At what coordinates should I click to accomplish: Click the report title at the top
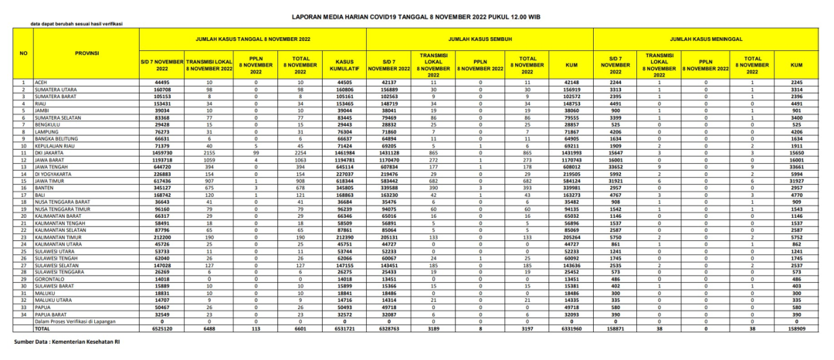click(x=416, y=15)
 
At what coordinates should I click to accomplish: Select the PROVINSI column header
click(x=86, y=53)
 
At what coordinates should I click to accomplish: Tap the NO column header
click(x=23, y=53)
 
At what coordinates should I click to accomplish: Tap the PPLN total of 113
click(x=256, y=328)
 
